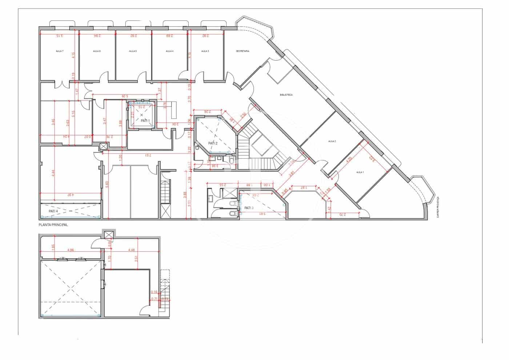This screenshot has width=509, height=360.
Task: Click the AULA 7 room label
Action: (60, 51)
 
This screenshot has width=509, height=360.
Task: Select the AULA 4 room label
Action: (169, 51)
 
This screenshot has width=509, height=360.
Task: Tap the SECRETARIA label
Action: (243, 51)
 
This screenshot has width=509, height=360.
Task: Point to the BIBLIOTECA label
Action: (286, 95)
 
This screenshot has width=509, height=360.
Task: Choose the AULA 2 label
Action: (332, 141)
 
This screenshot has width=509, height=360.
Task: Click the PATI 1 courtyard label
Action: (145, 120)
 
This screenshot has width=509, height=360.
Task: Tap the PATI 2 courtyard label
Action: (213, 143)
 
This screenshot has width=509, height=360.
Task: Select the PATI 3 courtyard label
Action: (249, 208)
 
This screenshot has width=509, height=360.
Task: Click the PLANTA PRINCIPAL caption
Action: (53, 225)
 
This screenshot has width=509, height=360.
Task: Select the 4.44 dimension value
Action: (53, 173)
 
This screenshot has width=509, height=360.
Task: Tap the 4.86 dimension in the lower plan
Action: (71, 250)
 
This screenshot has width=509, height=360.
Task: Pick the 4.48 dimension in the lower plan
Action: (132, 250)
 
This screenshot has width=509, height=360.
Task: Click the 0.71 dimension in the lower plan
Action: (155, 299)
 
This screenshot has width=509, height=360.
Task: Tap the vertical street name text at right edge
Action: (438, 207)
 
